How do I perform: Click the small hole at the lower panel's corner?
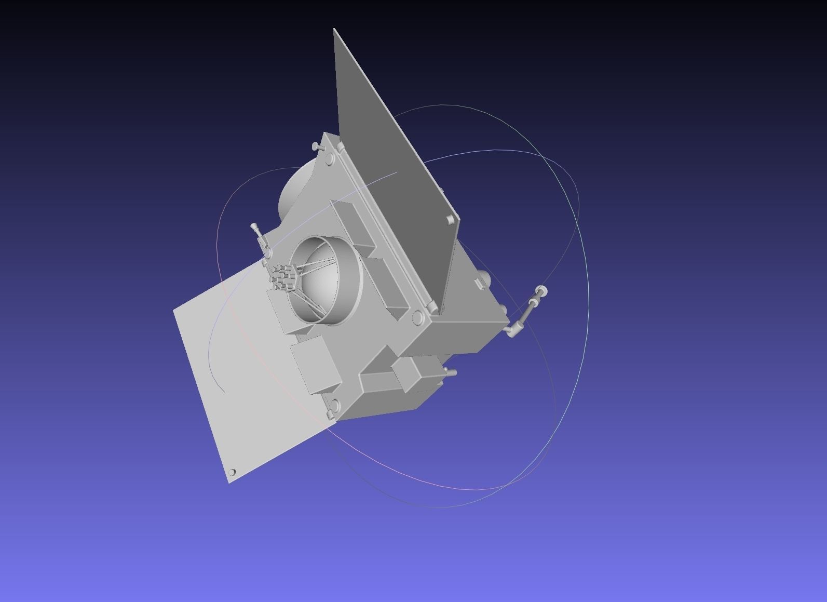pyautogui.click(x=232, y=472)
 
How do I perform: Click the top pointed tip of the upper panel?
pyautogui.click(x=334, y=30)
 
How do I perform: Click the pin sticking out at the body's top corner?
pyautogui.click(x=317, y=146)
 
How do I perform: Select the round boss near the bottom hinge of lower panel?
pyautogui.click(x=334, y=404)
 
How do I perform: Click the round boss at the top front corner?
pyautogui.click(x=331, y=162)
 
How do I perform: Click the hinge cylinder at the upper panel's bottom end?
pyautogui.click(x=432, y=309)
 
